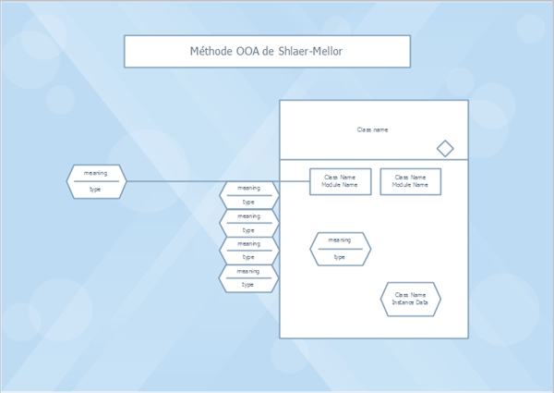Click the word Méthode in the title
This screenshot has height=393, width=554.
coord(212,52)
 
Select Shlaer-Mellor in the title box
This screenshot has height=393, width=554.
coord(309,52)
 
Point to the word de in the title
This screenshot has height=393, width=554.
coord(269,52)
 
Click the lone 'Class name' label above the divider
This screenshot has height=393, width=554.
coord(373,129)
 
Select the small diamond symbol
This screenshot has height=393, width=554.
coord(445,148)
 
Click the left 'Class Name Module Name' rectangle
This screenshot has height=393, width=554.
coord(341,181)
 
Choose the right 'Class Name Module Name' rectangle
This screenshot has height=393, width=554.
coord(410,181)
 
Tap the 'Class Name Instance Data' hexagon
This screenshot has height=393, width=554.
coord(410,299)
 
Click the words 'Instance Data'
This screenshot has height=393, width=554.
coord(410,302)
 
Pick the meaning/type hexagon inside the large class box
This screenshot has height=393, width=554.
coord(340,249)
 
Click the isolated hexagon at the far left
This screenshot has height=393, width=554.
coord(96,181)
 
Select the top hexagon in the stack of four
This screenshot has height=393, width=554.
coord(248,195)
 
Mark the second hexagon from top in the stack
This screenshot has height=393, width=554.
coord(248,223)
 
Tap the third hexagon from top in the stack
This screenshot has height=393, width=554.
coord(248,251)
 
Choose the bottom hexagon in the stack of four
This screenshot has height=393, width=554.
coord(248,277)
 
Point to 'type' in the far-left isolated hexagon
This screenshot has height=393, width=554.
coord(95,189)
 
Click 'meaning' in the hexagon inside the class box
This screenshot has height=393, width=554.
coord(340,240)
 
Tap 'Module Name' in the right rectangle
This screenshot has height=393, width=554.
coord(410,185)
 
